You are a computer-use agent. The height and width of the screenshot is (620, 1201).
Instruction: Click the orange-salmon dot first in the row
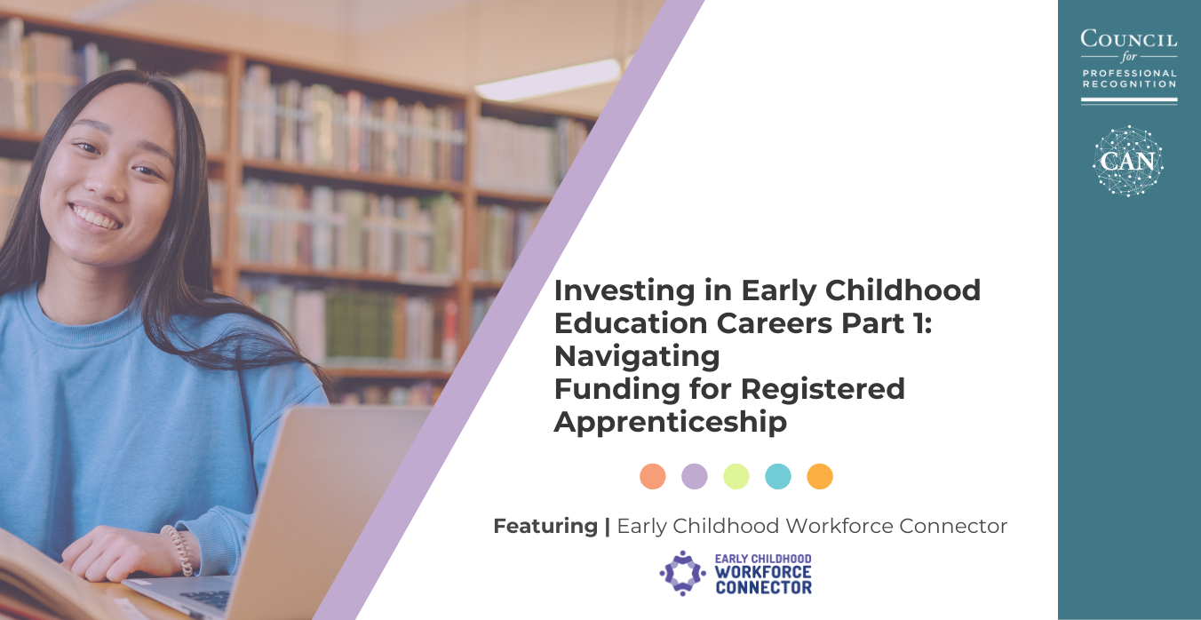point(653,476)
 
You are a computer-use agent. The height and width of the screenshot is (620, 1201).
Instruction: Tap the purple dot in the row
point(695,476)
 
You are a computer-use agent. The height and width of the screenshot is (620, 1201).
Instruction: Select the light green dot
point(736,476)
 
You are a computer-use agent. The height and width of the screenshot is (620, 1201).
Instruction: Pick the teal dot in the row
point(778,476)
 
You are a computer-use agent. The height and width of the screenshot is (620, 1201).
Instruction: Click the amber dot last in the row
point(820,476)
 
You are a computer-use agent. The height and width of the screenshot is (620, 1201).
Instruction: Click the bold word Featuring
point(545,526)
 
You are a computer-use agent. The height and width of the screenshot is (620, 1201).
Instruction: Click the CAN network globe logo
point(1128,161)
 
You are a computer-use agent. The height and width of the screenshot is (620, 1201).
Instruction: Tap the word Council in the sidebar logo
point(1129,38)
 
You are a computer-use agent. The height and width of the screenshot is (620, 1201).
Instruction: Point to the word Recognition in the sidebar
point(1129,84)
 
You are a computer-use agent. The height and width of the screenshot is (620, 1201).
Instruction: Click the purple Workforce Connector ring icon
point(682,573)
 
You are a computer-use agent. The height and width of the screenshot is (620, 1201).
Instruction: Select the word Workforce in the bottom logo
point(763,573)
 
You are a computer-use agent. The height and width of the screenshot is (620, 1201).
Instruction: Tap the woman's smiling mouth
point(96,216)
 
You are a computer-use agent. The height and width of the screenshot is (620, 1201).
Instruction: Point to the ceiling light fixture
point(548,80)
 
